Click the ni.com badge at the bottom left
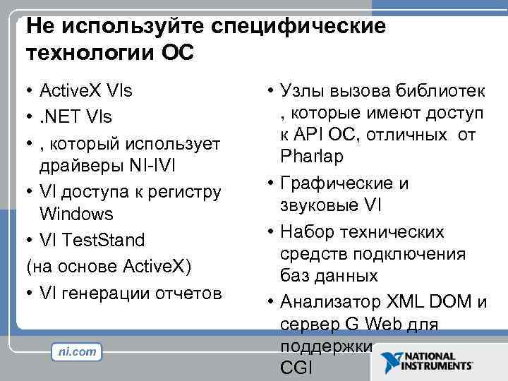click(75, 352)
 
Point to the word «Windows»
click(77, 214)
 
